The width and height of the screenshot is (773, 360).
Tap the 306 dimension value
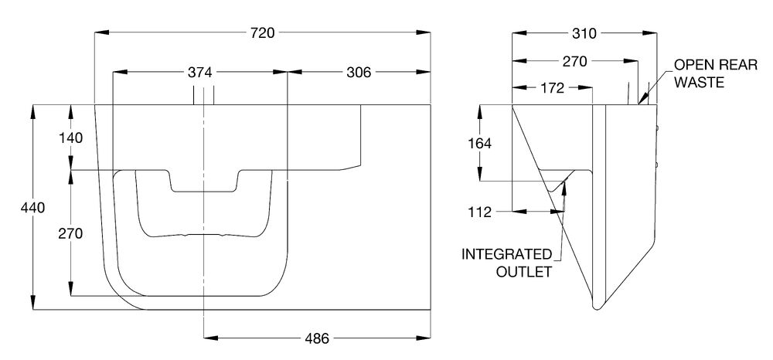tap(359, 73)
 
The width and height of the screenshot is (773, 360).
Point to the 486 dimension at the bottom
tap(316, 338)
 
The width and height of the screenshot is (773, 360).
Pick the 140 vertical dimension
tap(70, 138)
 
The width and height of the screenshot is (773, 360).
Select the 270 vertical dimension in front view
tap(70, 233)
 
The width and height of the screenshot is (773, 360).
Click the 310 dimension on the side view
tap(585, 33)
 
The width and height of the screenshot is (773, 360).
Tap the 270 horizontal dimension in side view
tap(575, 61)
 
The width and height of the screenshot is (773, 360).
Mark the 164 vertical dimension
tap(480, 143)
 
